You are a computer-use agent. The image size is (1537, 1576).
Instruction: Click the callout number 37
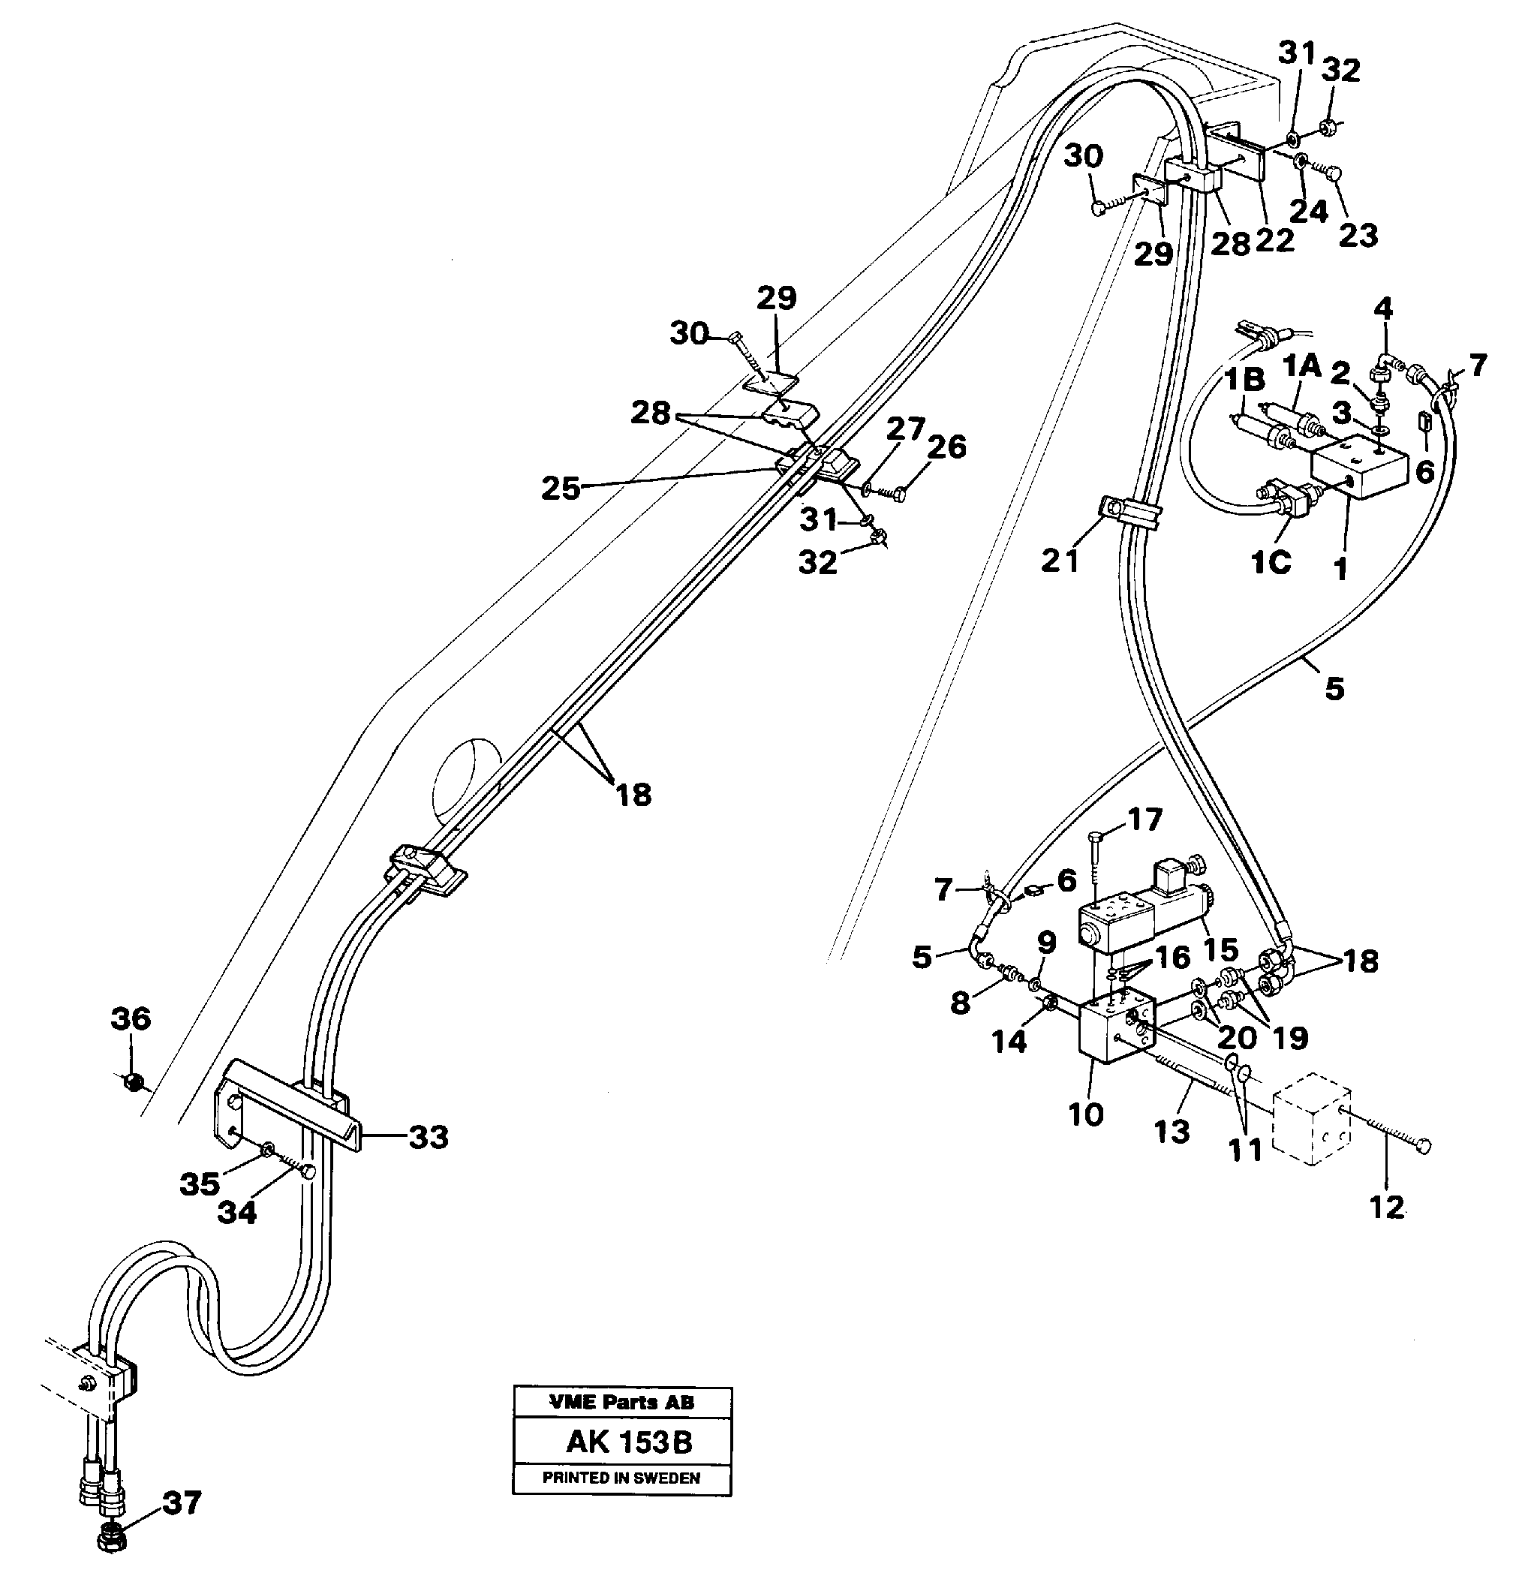tap(182, 1503)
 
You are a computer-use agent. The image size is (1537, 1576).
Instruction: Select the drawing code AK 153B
tap(629, 1442)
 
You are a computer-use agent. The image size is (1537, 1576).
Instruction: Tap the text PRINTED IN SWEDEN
tap(621, 1478)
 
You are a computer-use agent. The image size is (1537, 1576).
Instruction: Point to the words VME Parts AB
tap(621, 1403)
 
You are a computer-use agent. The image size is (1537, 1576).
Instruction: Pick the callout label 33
tap(428, 1138)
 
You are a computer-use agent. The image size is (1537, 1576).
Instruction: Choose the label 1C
tap(1271, 562)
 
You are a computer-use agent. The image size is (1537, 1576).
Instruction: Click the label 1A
tap(1302, 367)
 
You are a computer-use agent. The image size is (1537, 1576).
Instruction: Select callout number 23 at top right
tap(1358, 236)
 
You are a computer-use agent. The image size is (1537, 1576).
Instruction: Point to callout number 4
tap(1384, 308)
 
